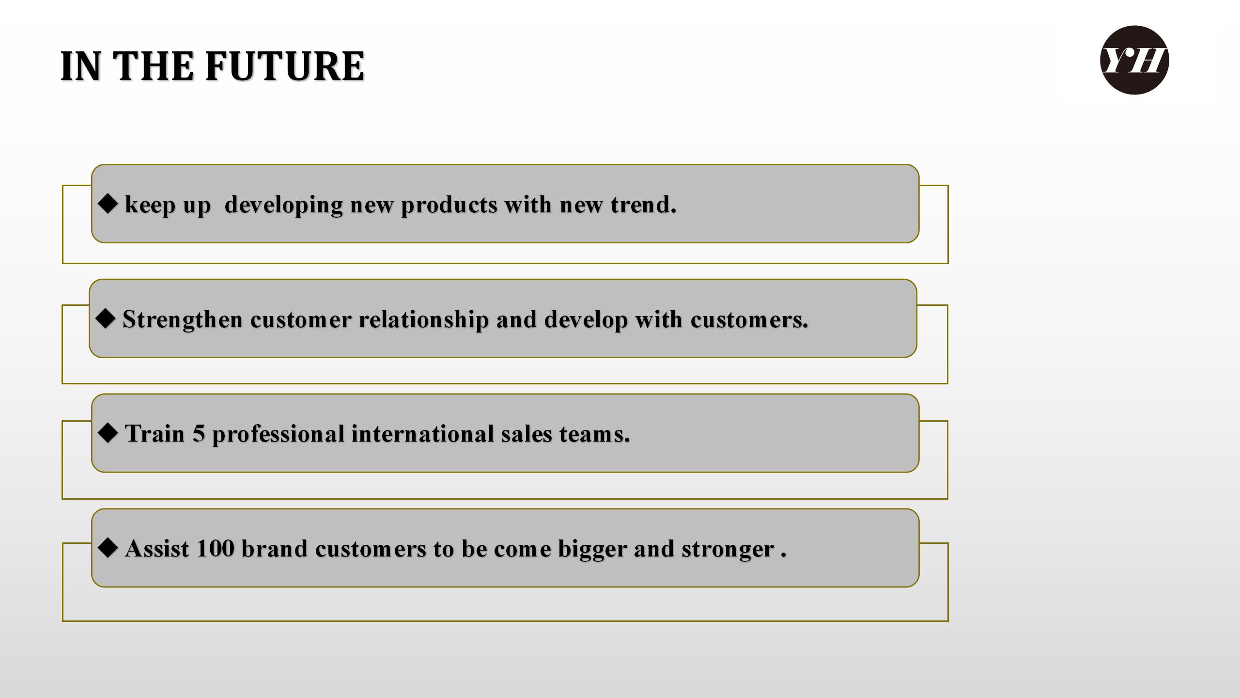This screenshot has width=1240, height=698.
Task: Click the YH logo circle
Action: point(1134,60)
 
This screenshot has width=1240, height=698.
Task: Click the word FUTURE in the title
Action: point(285,66)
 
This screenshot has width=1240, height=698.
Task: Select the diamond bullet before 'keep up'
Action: point(108,204)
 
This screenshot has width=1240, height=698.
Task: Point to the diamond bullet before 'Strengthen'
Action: point(106,318)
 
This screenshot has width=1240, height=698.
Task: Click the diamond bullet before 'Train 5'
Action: point(108,433)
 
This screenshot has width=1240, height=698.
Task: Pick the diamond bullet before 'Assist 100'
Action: point(108,548)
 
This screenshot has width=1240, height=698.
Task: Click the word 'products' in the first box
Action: point(449,206)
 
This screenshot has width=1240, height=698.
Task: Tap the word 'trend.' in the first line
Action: point(643,205)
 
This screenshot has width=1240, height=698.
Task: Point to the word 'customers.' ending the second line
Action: point(749,320)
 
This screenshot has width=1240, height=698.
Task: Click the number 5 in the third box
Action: point(199,434)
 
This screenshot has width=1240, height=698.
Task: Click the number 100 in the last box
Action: point(216,549)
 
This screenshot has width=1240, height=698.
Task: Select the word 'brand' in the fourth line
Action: point(274,549)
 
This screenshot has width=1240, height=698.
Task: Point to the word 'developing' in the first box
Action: point(284,206)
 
